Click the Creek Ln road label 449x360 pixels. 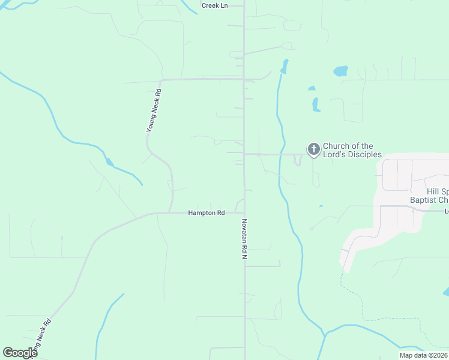214,5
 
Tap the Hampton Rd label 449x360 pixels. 206,213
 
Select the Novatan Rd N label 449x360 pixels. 244,238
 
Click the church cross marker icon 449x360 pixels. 313,149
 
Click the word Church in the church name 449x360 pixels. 336,146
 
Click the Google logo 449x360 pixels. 20,353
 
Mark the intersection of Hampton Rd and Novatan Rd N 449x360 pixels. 244,212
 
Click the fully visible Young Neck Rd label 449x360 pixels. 154,110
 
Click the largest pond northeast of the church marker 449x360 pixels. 340,71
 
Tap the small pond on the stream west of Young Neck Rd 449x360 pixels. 109,162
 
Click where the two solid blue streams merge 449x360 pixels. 325,333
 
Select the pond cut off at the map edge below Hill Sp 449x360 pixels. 446,292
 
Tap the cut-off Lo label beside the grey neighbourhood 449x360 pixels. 446,211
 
